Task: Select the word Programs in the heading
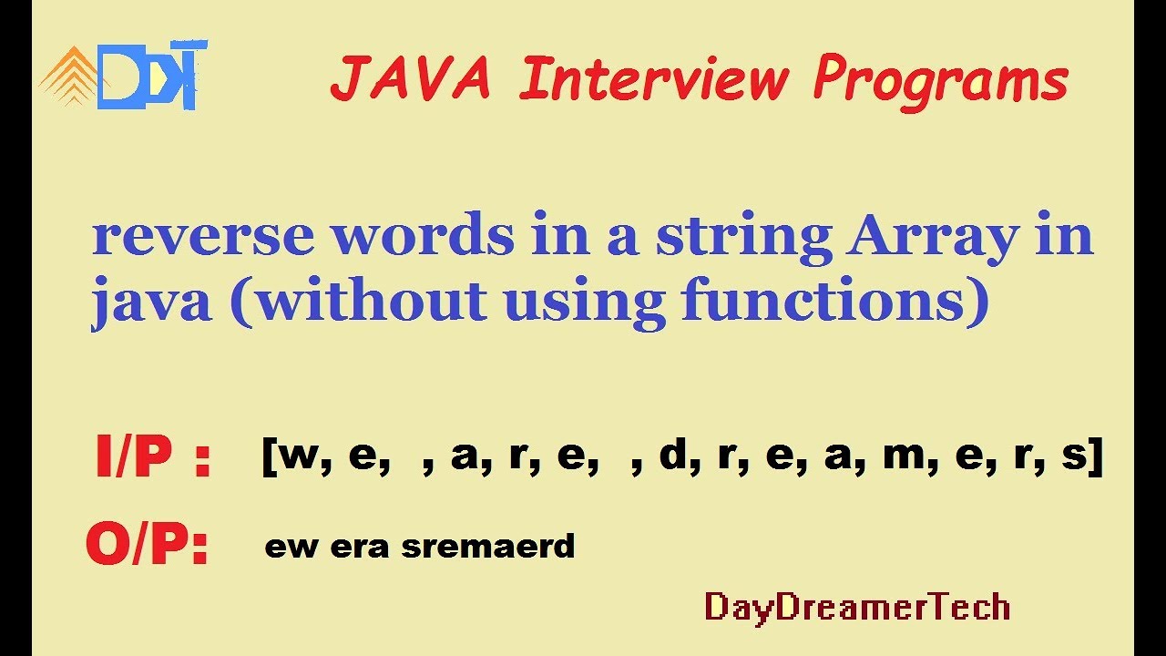(940, 80)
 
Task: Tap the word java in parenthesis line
(150, 304)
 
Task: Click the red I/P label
(152, 458)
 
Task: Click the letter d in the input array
(671, 454)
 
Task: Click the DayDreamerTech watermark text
(857, 607)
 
